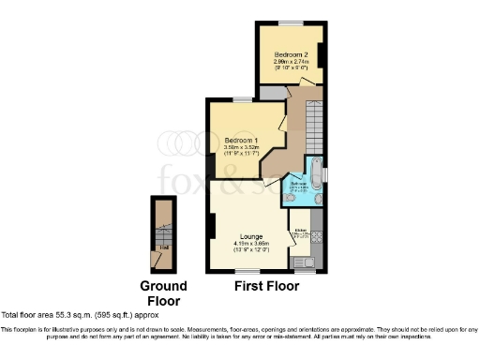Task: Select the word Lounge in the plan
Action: click(250, 236)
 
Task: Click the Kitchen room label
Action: click(302, 230)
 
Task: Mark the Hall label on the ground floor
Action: click(164, 247)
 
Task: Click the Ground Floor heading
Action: click(163, 292)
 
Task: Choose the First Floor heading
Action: click(267, 286)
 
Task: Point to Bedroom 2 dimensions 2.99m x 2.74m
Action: click(290, 62)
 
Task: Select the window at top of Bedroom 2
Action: click(291, 22)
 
